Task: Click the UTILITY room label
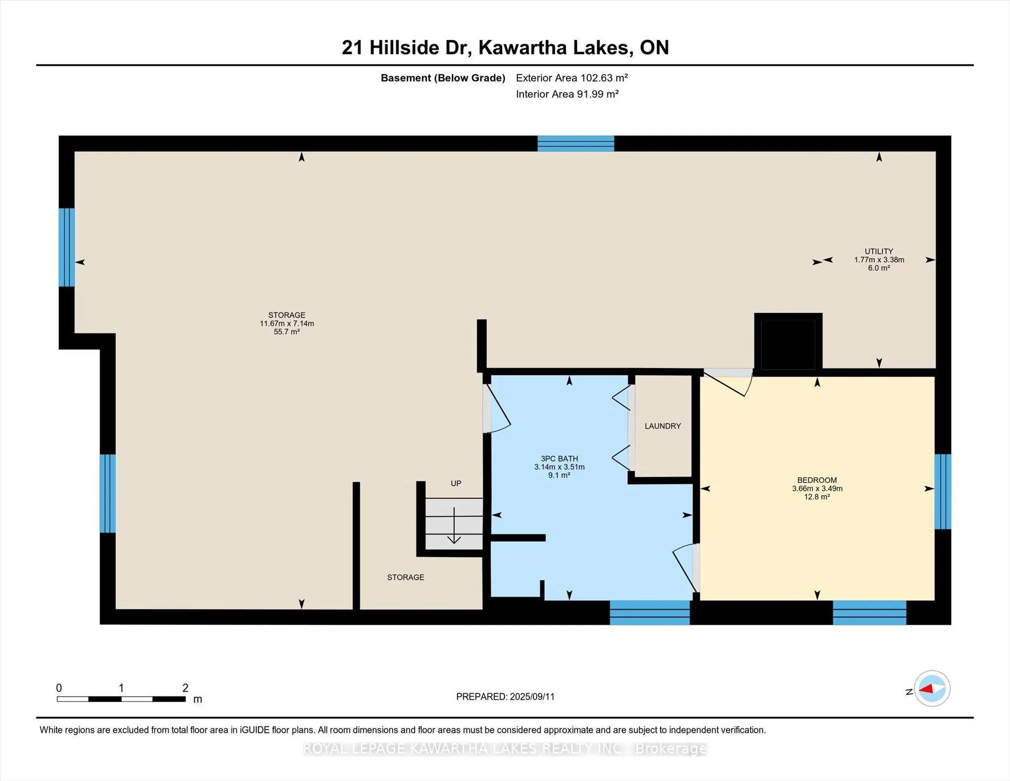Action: point(879,251)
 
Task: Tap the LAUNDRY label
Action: point(663,426)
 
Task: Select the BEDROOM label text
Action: point(817,480)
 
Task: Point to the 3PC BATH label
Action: point(559,458)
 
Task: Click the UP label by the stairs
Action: point(456,483)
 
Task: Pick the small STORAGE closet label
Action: point(405,577)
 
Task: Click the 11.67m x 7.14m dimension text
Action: point(287,324)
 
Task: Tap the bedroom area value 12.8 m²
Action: point(817,497)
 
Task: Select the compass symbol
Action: point(932,688)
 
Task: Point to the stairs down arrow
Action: point(454,525)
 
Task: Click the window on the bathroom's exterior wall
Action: point(649,612)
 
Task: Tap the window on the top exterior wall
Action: point(576,144)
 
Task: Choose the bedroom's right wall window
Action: point(942,491)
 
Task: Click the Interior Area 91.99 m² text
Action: point(567,94)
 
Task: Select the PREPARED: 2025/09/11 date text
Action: point(505,697)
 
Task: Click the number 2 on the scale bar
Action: point(185,688)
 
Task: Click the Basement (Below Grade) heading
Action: point(443,78)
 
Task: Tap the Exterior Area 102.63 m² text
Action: point(572,78)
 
